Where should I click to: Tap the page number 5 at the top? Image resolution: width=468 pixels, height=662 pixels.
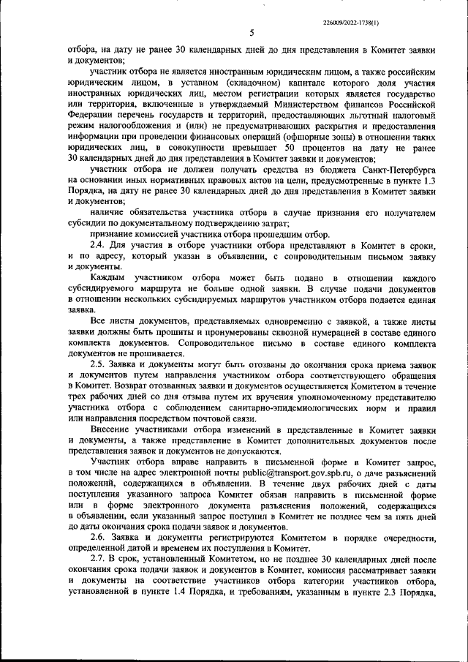click(x=251, y=33)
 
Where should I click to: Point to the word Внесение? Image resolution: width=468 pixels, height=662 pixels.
click(x=110, y=435)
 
